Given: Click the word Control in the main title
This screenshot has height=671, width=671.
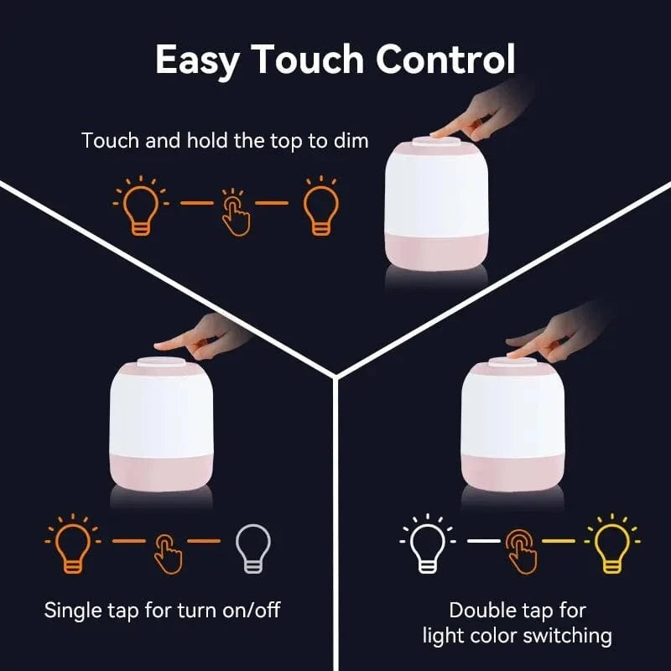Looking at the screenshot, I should (445, 60).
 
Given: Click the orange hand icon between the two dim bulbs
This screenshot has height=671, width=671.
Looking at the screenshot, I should (236, 211).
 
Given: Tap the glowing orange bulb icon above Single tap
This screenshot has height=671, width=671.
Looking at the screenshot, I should (72, 544).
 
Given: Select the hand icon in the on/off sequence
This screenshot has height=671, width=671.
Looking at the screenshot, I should (168, 550).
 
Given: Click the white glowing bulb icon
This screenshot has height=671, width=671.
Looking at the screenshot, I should (426, 544).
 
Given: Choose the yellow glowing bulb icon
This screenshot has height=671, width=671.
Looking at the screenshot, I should (609, 544).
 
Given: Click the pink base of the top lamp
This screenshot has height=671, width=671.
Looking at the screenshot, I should (436, 247).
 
